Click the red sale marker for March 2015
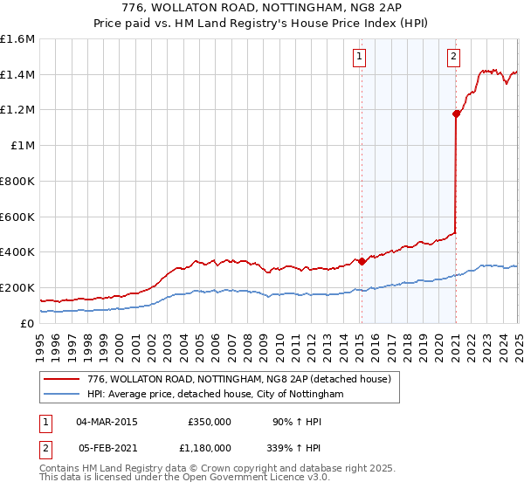[x=362, y=260]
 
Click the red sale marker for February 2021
[x=456, y=113]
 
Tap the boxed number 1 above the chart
[x=360, y=58]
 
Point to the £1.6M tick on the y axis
[x=17, y=39]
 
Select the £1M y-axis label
[x=23, y=146]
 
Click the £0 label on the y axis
[x=26, y=323]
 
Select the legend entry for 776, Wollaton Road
[x=244, y=379]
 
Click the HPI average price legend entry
[x=216, y=395]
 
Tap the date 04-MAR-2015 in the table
[x=107, y=422]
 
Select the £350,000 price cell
[x=209, y=422]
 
